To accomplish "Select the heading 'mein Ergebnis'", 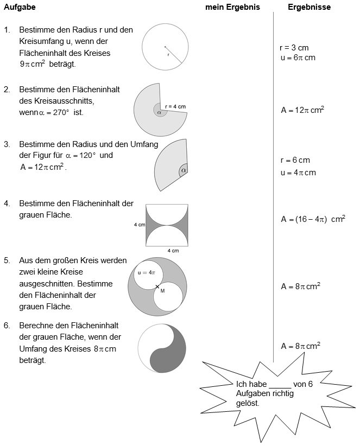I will pos(232,8).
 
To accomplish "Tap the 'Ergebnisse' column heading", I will pos(309,8).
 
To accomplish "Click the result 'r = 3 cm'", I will pos(294,48).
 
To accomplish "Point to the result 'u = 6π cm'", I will pos(298,57).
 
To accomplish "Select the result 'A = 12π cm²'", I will pos(302,110).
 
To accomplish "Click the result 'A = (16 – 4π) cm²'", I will pos(313,219).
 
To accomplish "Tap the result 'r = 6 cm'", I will pos(295,160).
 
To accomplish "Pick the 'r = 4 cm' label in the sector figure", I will pos(175,106).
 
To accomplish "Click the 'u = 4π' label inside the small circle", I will pos(147,272).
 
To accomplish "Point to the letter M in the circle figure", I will pos(162,291).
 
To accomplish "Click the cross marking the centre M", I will pos(157,286).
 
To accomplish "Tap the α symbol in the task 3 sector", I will pos(184,170).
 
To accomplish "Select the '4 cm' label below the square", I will pos(173,251).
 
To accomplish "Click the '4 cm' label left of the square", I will pos(139,224).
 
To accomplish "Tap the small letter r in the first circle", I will pos(168,54).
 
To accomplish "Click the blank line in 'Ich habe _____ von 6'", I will pos(280,385).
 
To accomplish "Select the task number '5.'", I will pos(7,260).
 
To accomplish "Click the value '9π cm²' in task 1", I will pos(32,63).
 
